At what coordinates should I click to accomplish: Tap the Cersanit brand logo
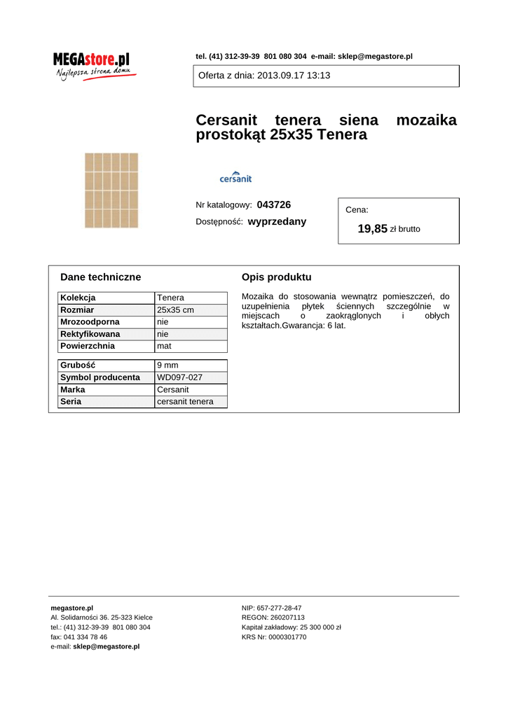point(235,177)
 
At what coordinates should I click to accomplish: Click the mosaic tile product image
point(111,190)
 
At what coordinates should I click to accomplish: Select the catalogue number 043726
point(274,204)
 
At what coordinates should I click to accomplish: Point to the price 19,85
point(372,228)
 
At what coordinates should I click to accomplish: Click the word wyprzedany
point(277,221)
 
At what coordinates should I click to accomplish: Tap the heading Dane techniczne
point(100,277)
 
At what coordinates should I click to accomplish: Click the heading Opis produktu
point(276,277)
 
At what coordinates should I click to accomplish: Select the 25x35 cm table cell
point(175,310)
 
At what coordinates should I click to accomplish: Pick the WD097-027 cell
point(179,377)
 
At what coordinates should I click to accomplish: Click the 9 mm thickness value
point(167,366)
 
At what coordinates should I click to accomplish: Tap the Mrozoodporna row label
point(90,322)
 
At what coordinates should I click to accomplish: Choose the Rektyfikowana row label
point(90,334)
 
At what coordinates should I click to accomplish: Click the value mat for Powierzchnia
point(164,346)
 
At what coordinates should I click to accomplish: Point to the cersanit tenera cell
point(185,402)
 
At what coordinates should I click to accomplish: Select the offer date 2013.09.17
point(281,76)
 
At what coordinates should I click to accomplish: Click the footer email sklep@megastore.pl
point(106,647)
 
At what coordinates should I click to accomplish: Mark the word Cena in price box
point(357,209)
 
